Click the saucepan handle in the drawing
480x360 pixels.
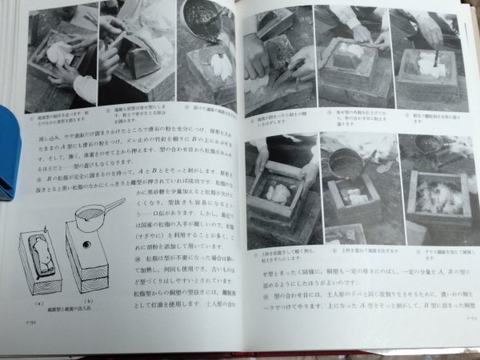pyautogui.click(x=111, y=207)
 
